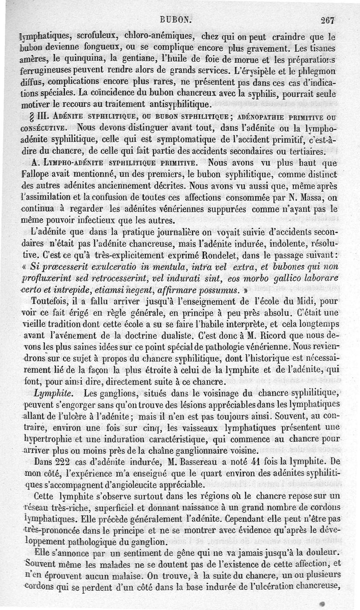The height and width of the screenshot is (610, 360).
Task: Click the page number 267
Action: (x=330, y=20)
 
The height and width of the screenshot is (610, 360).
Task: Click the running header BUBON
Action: (x=175, y=20)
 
